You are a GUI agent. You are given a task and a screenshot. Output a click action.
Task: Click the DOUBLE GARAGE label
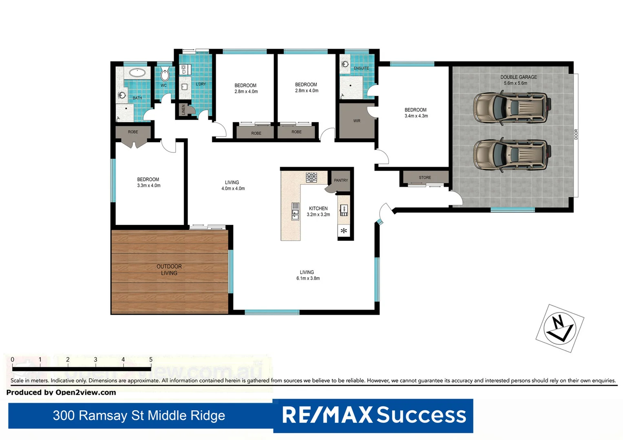click(x=518, y=77)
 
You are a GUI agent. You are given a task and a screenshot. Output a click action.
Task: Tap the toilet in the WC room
click(x=165, y=75)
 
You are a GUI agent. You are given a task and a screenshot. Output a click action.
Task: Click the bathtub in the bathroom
click(x=137, y=73)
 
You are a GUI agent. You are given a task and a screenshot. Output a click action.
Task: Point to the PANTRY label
click(x=341, y=180)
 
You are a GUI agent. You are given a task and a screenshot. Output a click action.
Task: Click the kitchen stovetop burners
click(x=311, y=177)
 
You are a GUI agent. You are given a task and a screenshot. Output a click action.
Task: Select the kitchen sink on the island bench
click(x=295, y=211)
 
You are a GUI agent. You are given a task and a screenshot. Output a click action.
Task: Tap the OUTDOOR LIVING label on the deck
click(x=169, y=270)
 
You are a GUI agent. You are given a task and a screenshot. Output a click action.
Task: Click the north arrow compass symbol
click(x=560, y=328)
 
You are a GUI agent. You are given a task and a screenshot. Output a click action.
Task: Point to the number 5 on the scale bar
click(x=150, y=359)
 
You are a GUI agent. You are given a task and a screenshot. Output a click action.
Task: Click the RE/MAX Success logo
click(x=373, y=415)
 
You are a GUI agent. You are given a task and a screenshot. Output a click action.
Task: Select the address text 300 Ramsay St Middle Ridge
click(x=139, y=416)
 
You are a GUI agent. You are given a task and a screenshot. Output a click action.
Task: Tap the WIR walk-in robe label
click(x=357, y=121)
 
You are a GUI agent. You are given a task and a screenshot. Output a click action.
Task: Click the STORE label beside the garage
click(x=424, y=178)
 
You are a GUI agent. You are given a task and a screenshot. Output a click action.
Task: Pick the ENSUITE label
click(x=361, y=68)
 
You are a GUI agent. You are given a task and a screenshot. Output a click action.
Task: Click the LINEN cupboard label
click(x=183, y=110)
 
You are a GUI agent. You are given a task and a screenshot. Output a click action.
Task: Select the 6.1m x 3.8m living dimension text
click(x=308, y=279)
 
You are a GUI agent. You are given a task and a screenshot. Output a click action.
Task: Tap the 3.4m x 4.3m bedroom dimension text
click(x=416, y=116)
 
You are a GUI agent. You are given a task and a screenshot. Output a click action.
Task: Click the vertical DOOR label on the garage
click(x=576, y=134)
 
